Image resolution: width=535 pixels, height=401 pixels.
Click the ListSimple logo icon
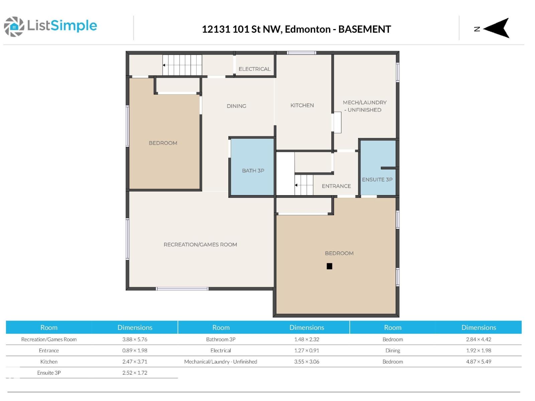(x=14, y=26)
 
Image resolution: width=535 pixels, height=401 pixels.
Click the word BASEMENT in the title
(x=364, y=29)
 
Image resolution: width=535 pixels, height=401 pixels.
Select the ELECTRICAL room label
(x=254, y=69)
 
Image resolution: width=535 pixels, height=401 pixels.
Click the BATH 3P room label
(x=253, y=171)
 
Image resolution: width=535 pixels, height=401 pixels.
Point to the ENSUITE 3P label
(x=377, y=180)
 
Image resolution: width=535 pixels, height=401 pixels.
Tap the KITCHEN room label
(x=302, y=106)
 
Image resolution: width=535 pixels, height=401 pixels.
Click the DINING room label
(x=236, y=106)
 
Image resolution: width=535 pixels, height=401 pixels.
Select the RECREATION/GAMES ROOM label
(x=200, y=245)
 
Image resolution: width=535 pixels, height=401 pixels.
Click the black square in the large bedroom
(x=329, y=266)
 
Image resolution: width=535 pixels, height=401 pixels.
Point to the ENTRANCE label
(x=336, y=186)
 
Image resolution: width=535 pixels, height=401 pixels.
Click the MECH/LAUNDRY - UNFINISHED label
(x=364, y=106)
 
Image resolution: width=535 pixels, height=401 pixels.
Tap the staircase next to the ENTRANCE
(x=304, y=185)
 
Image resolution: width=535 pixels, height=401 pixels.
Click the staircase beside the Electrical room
(x=182, y=65)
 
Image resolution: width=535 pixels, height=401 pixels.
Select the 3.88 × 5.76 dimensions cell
(x=135, y=340)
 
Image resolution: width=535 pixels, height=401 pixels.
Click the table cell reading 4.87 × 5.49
(x=478, y=362)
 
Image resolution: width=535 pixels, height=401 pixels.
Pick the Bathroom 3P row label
(x=221, y=340)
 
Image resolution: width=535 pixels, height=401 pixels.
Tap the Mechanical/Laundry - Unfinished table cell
(x=221, y=362)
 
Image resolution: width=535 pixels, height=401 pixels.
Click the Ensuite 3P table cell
(x=49, y=373)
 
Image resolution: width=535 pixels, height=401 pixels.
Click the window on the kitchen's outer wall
(x=301, y=53)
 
